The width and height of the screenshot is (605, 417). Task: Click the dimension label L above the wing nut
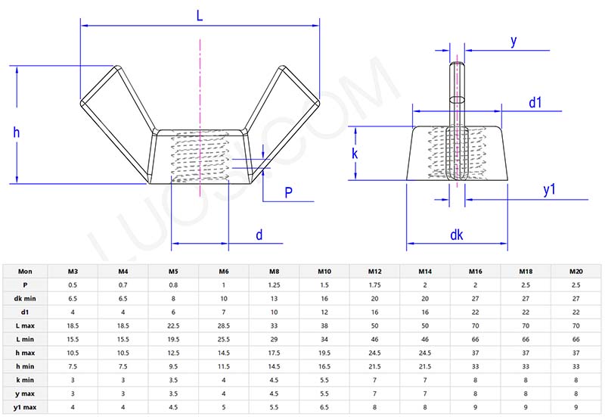[x=200, y=14]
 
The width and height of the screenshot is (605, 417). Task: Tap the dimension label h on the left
[x=17, y=132]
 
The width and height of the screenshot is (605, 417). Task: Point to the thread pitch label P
[x=288, y=192]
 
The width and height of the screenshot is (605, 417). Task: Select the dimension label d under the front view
[x=259, y=235]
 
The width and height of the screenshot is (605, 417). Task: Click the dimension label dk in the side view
[x=456, y=235]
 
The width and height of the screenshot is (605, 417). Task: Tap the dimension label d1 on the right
[x=535, y=101]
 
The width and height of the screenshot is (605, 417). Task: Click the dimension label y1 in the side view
[x=550, y=190]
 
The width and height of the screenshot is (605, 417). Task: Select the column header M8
[x=274, y=271]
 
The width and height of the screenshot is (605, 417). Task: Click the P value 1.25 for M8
[x=274, y=285]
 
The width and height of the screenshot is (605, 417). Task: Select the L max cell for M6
[x=223, y=325]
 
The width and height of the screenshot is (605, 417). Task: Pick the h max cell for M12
[x=374, y=353]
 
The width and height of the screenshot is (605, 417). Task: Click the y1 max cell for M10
[x=324, y=408]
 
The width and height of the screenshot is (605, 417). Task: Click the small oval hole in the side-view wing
[x=456, y=99]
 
